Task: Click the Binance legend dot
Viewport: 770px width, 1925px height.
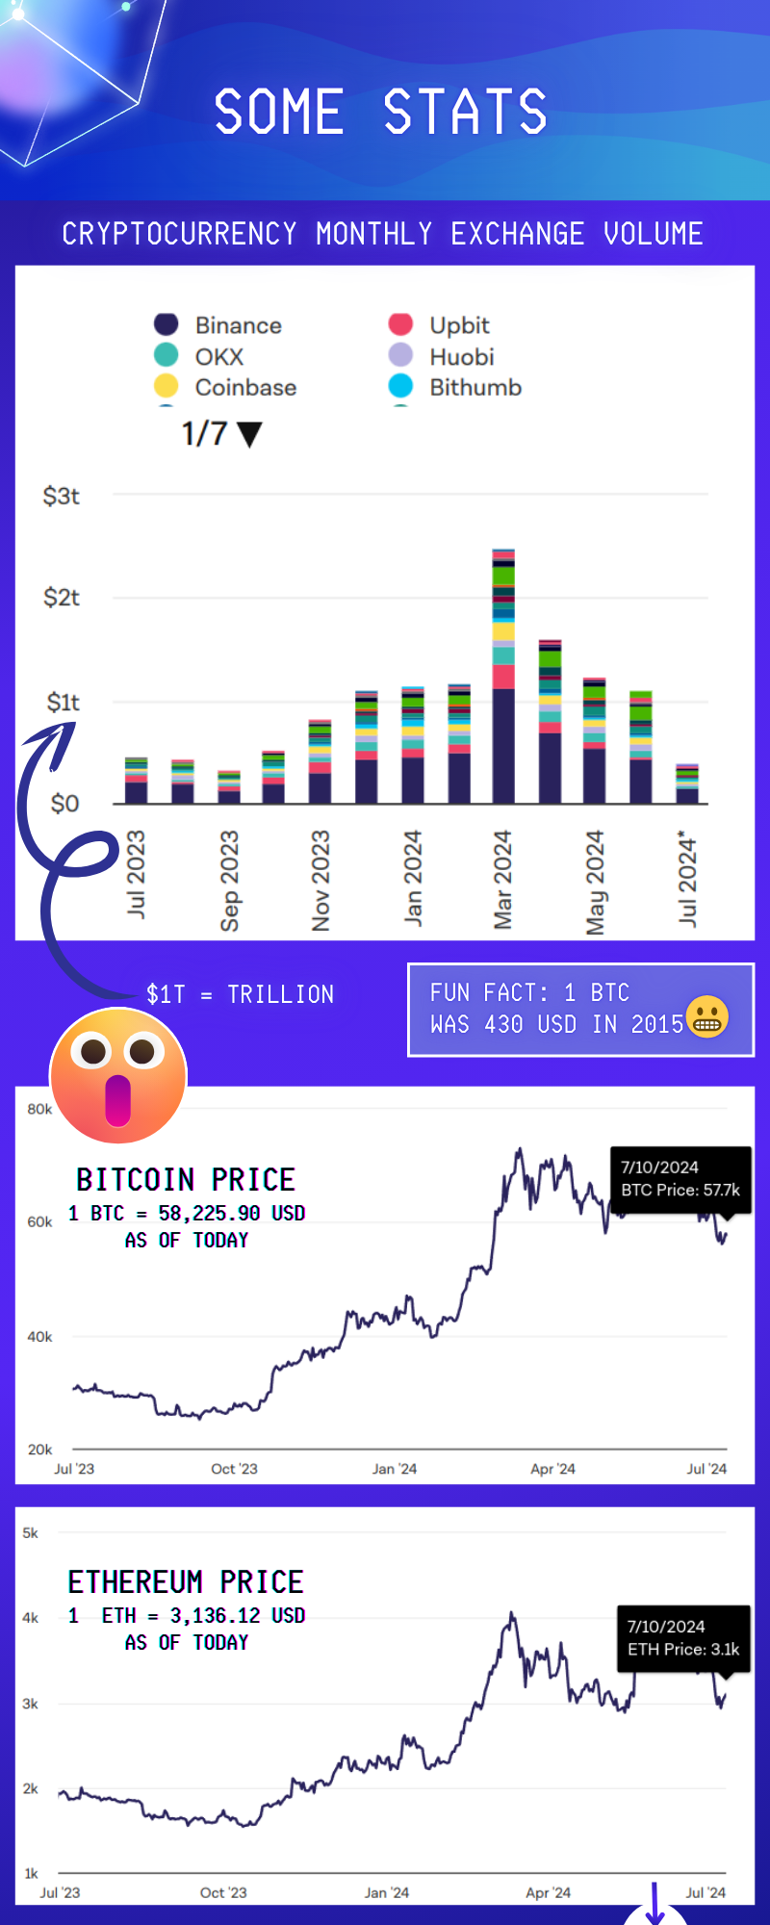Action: tap(167, 324)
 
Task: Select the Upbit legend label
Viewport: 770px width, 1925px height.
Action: tap(459, 325)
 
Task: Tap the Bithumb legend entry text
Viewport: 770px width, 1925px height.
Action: tap(475, 387)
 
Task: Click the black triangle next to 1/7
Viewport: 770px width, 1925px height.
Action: tap(249, 435)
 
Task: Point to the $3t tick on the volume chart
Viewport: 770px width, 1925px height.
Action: tap(61, 496)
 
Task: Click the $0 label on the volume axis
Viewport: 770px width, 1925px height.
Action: tap(64, 803)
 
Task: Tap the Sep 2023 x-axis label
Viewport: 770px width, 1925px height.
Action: tap(229, 881)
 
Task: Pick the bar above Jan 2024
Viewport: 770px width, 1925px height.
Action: tap(413, 745)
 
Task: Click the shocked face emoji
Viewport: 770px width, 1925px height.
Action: tap(117, 1075)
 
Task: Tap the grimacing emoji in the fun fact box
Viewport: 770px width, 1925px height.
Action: tap(708, 1016)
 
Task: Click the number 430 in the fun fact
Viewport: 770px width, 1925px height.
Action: tap(503, 1024)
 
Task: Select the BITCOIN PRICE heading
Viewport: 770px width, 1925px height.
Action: tap(186, 1179)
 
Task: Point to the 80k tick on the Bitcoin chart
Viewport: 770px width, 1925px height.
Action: tap(39, 1109)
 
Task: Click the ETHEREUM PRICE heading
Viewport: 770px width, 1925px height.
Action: tap(186, 1581)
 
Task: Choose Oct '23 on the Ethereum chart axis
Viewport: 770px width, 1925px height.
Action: tap(223, 1892)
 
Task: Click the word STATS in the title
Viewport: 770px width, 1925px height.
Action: tap(466, 112)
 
